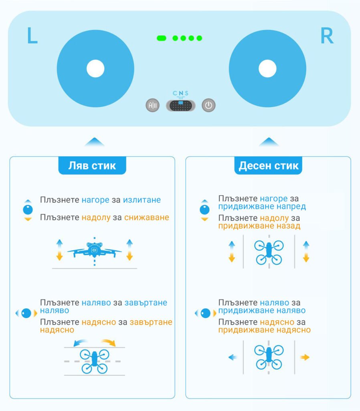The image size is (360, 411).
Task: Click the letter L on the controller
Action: (x=32, y=35)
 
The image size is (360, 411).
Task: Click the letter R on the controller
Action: (x=327, y=35)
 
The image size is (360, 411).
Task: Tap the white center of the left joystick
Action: (x=95, y=68)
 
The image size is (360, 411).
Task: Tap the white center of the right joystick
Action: (x=267, y=68)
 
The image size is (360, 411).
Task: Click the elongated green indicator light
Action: (x=161, y=38)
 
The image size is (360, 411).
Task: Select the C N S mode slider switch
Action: (x=181, y=106)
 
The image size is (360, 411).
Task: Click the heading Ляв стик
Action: (x=92, y=166)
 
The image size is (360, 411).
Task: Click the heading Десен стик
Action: (x=268, y=166)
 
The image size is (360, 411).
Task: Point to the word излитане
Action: (x=142, y=200)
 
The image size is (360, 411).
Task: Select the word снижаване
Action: (x=147, y=217)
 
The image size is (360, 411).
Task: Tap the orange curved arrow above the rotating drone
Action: (x=109, y=342)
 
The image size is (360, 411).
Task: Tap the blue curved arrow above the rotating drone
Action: (x=80, y=342)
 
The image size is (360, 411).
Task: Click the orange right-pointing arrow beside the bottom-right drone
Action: (x=305, y=357)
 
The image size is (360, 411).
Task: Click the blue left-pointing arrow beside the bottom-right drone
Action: (x=233, y=357)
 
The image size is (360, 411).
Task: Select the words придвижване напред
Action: (x=262, y=207)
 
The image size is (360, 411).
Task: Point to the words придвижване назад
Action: (x=259, y=226)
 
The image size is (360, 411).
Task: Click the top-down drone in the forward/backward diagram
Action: (x=269, y=252)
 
